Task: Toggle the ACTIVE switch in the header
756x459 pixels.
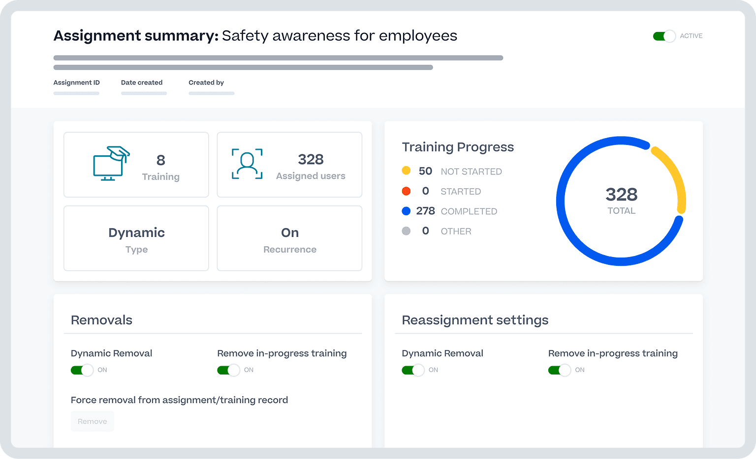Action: tap(664, 36)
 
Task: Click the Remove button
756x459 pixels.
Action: tap(92, 421)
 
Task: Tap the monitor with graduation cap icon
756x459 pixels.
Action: tap(111, 164)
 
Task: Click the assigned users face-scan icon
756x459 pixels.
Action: tap(247, 164)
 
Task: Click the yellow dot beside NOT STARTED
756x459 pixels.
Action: tap(406, 171)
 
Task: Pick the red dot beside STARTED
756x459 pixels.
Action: tap(406, 191)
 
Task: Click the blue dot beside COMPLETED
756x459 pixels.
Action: tap(406, 211)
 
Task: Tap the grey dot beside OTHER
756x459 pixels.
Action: tap(406, 231)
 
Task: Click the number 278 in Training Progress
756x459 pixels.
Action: tap(425, 211)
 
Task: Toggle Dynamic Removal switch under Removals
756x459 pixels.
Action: tap(82, 370)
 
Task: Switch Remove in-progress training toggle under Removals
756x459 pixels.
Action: tap(228, 370)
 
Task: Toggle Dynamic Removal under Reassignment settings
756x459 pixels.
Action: tap(413, 370)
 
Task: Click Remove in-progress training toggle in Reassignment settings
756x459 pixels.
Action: tap(560, 370)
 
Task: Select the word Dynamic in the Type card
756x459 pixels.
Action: tap(136, 232)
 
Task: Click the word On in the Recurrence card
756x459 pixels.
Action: tap(290, 232)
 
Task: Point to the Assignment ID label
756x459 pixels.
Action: tap(76, 83)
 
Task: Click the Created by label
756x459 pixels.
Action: tap(206, 83)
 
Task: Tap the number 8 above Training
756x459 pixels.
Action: tap(161, 160)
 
